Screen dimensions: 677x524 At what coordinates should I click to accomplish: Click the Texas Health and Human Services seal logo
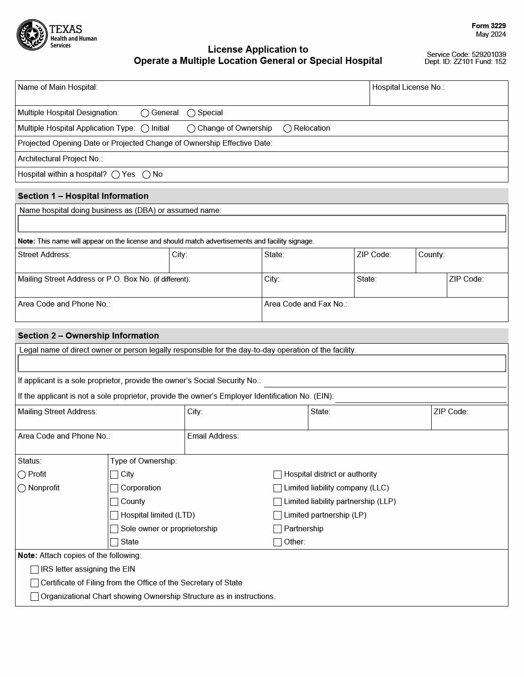click(32, 35)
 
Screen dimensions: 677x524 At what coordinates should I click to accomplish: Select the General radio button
click(145, 113)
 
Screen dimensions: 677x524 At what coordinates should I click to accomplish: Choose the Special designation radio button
click(191, 113)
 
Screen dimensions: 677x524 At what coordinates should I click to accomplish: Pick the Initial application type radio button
click(145, 129)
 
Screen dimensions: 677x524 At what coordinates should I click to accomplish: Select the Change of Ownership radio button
click(191, 129)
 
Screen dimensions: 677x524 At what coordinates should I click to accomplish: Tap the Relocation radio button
click(288, 129)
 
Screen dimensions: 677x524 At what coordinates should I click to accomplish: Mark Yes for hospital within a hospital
click(116, 175)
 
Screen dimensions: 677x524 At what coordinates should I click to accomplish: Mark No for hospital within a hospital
click(146, 175)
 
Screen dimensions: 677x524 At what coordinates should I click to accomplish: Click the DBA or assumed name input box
click(262, 224)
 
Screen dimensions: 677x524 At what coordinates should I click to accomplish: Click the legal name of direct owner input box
click(262, 363)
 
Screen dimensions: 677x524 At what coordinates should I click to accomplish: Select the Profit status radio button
click(22, 475)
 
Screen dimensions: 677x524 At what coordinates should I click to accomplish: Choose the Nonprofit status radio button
click(22, 488)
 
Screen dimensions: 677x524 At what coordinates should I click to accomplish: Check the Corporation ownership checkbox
click(114, 488)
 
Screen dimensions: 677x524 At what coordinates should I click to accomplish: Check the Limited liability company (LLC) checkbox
click(277, 488)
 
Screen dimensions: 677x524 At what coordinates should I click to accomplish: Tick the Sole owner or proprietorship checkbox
click(114, 529)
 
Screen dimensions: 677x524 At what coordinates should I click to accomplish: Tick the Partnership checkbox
click(277, 529)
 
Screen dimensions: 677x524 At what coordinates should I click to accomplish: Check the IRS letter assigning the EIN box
click(34, 570)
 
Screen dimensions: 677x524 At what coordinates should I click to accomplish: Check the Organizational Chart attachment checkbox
click(34, 597)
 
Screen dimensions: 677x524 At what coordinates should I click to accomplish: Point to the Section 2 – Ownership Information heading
click(89, 336)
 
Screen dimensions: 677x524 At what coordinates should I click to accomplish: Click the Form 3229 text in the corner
click(489, 26)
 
